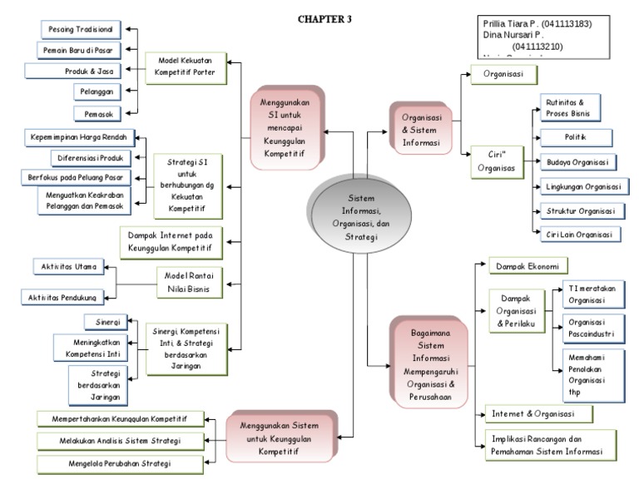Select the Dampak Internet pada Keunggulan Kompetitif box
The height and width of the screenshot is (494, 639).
pyautogui.click(x=170, y=241)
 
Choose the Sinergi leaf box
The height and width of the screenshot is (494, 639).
pyautogui.click(x=106, y=322)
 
